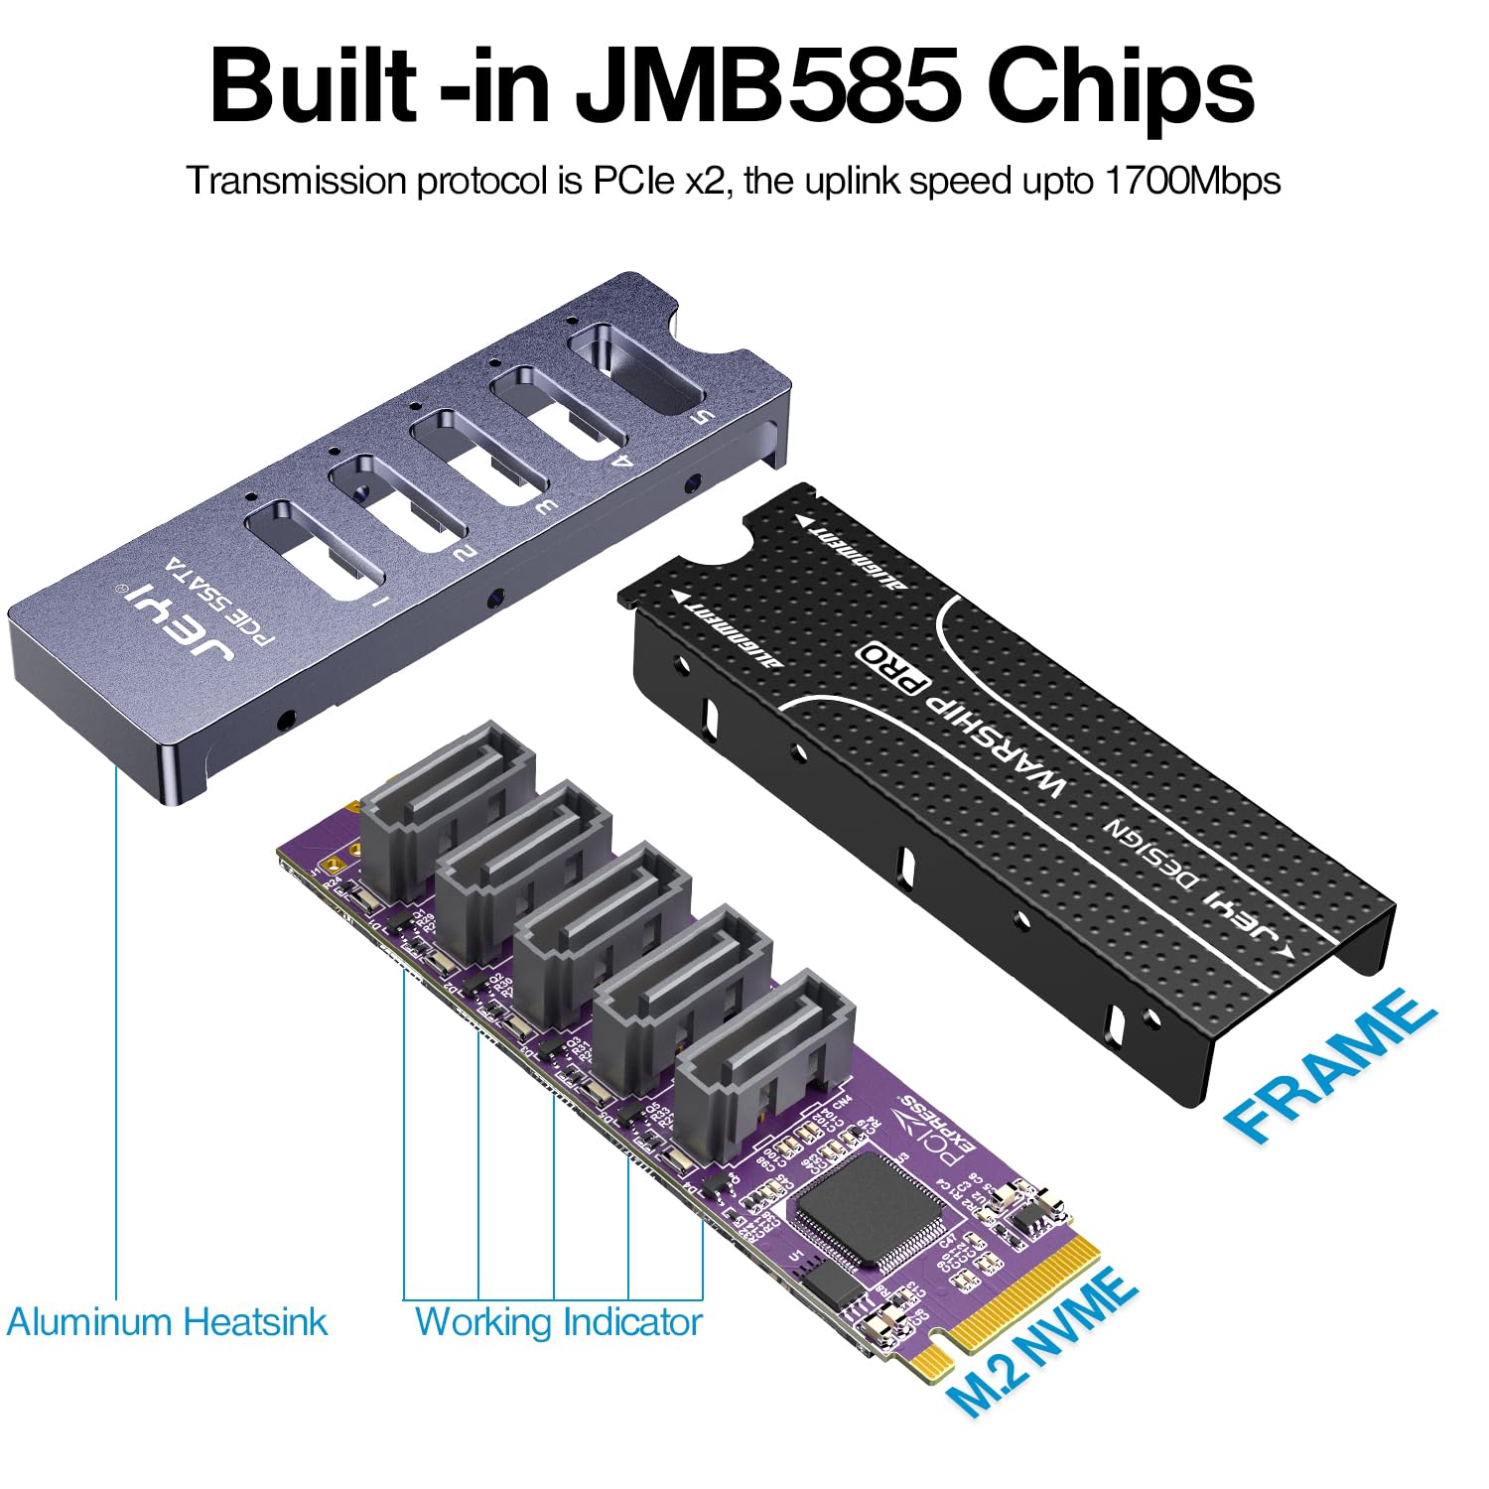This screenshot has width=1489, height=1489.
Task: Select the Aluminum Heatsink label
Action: click(167, 1322)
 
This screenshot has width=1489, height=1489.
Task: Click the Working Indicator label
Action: click(558, 1322)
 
